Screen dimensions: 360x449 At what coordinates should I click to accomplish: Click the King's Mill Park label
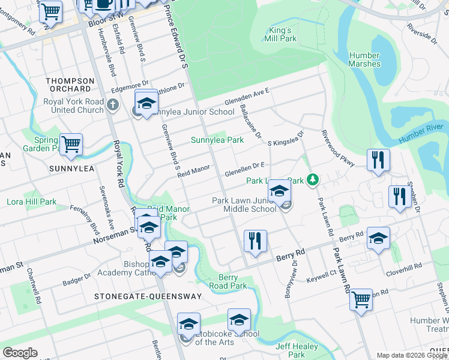[x=280, y=34]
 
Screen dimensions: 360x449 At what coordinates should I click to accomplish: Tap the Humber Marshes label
[x=364, y=59]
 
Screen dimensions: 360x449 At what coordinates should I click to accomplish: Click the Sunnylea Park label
[x=217, y=140]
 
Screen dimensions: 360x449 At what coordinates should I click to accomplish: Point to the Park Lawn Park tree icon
[x=312, y=179]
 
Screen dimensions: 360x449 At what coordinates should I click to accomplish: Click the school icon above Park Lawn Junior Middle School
[x=279, y=191]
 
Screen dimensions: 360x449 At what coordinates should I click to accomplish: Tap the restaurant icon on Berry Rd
[x=256, y=241]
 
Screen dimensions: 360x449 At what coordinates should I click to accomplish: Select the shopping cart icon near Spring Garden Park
[x=71, y=145]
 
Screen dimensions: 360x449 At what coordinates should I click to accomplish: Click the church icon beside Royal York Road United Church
[x=113, y=106]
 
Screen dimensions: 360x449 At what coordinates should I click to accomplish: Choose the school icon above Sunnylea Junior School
[x=146, y=103]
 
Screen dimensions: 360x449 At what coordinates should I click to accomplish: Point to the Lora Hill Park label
[x=32, y=202]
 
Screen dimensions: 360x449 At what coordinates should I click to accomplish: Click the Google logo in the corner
[x=20, y=353]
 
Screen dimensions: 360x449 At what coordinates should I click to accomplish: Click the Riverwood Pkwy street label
[x=339, y=148]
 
